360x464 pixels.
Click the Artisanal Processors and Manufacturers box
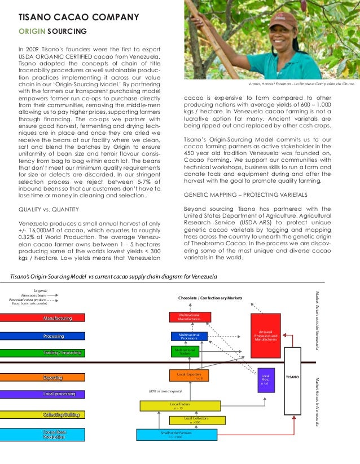[265, 336]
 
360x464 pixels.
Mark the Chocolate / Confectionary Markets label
[210, 297]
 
